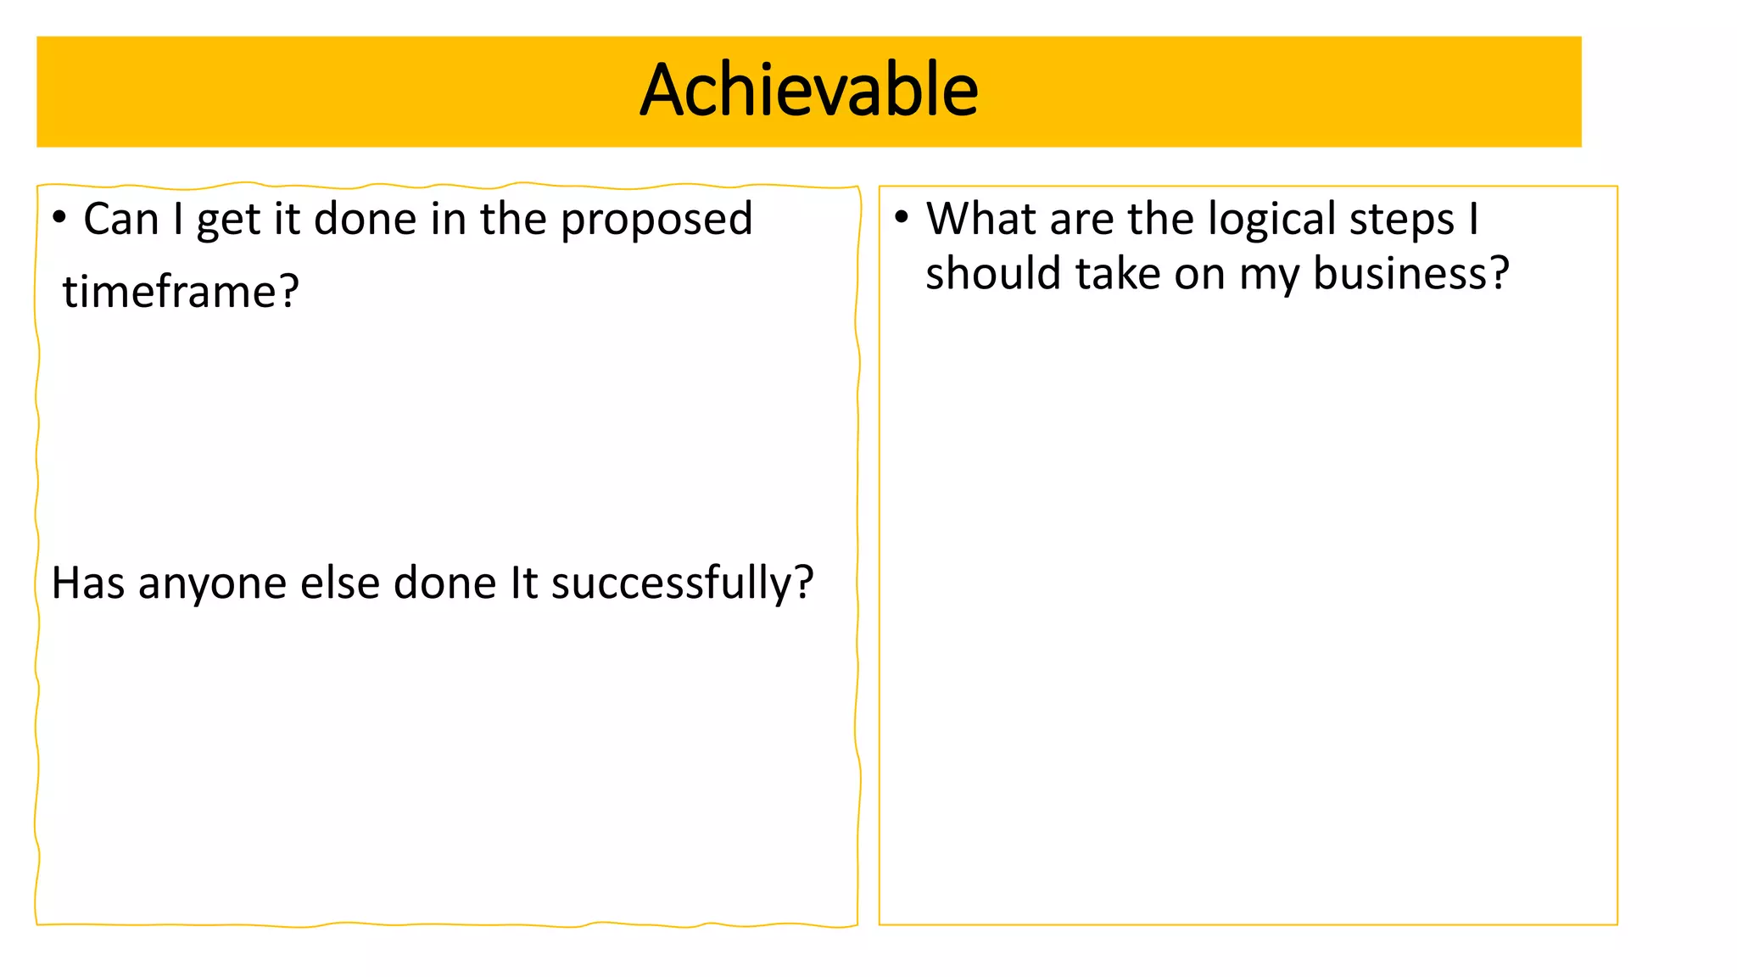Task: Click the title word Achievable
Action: [808, 90]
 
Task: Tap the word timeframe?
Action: [181, 292]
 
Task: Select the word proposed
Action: [656, 221]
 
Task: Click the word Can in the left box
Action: [121, 219]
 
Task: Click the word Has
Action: [88, 583]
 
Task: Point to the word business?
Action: [1411, 274]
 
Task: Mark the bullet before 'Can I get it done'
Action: [59, 218]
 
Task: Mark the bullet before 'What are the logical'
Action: [902, 218]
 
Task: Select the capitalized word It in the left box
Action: [523, 583]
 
